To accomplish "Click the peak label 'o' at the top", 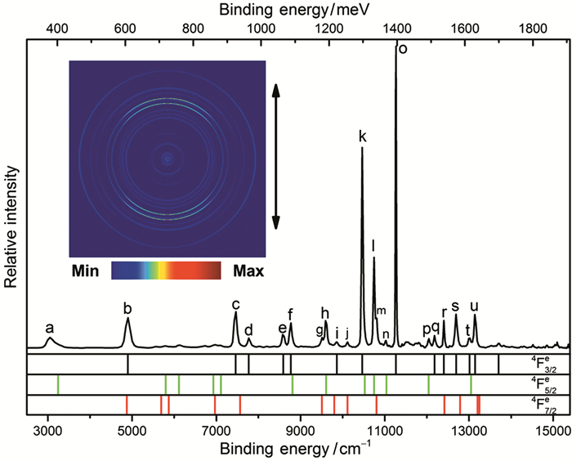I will click(402, 48).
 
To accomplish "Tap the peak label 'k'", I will click(362, 137).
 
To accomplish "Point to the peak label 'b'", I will click(127, 308).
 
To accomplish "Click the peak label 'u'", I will click(474, 307).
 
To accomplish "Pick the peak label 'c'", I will click(235, 304).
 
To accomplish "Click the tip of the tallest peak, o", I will click(395, 43).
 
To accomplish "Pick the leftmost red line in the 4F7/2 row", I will click(127, 405).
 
